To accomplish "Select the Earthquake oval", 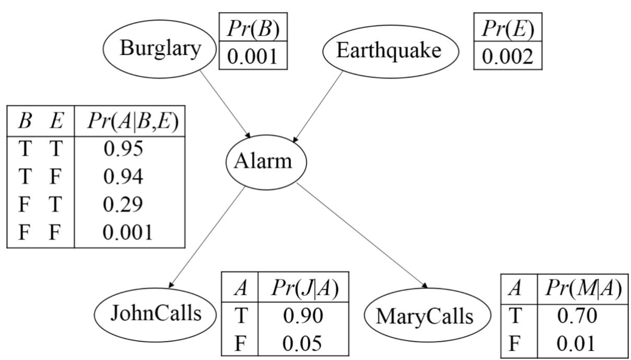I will [x=390, y=51].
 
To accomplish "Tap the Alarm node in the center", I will [x=265, y=162].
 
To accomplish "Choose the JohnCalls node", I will [x=156, y=313].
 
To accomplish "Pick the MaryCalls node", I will [x=427, y=316].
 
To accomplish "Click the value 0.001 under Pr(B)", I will [x=253, y=56].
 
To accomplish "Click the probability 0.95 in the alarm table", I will [x=123, y=149].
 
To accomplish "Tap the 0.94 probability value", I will [x=123, y=177].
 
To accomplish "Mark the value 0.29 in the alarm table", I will [x=123, y=204].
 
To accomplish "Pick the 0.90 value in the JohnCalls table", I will [x=303, y=315].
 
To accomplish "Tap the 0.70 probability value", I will [x=577, y=316].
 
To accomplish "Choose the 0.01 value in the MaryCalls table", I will [x=577, y=344].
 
